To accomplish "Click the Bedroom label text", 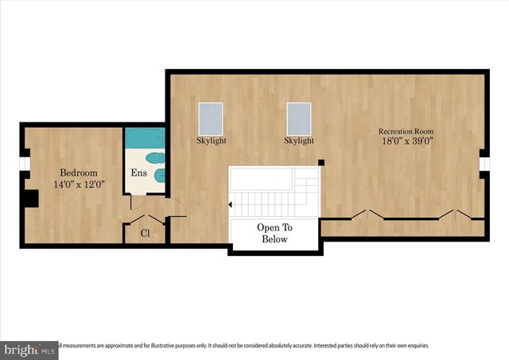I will [79, 172].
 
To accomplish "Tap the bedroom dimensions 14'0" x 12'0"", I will [79, 184].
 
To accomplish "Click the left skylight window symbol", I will [211, 118].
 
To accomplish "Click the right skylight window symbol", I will [299, 118].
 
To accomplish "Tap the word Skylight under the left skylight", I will [211, 141].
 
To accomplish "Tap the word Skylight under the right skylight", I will [299, 141].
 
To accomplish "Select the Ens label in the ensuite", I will [138, 173].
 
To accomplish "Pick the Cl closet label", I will [145, 234].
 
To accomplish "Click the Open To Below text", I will [274, 233].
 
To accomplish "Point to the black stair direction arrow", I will [231, 205].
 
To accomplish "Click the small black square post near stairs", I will [321, 163].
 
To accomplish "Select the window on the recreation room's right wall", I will [484, 164].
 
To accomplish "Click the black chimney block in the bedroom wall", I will [31, 198].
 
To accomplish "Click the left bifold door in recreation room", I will [365, 215].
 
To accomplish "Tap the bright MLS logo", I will [29, 350].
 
